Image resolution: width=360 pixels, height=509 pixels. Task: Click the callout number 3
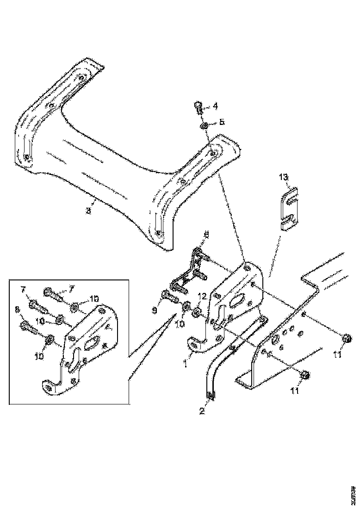[x=89, y=211]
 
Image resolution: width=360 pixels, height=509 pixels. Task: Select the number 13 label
[x=283, y=177]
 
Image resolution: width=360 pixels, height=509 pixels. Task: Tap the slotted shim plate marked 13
[x=289, y=207]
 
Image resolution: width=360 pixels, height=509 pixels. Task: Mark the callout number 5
[x=222, y=122]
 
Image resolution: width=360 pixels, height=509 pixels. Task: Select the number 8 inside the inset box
[x=18, y=310]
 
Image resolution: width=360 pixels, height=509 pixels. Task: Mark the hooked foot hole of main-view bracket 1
[x=194, y=344]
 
